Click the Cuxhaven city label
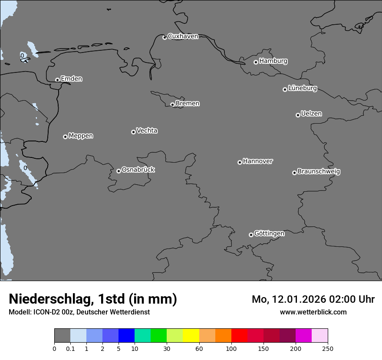[183, 36]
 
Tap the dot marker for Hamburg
[256, 62]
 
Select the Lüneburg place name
[303, 88]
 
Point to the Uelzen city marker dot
[298, 115]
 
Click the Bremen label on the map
[188, 104]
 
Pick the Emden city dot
[57, 80]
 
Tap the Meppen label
[81, 136]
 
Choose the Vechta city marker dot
[133, 132]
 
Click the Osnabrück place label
[138, 170]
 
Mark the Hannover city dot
[240, 162]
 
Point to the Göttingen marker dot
[251, 235]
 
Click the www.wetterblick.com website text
[313, 312]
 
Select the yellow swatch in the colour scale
[191, 336]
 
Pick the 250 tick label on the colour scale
[328, 348]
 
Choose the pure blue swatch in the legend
[126, 336]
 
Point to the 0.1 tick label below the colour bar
[70, 348]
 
